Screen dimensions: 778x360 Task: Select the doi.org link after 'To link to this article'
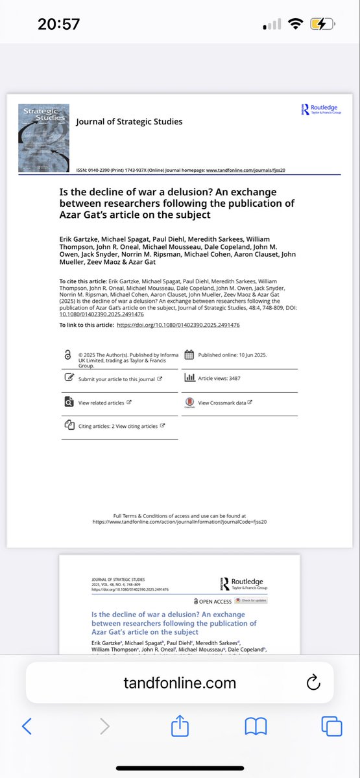(x=178, y=325)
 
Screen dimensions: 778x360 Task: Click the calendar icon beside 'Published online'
(x=189, y=355)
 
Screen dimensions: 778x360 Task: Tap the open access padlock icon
(x=67, y=355)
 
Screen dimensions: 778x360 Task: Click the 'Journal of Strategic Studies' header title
(x=129, y=121)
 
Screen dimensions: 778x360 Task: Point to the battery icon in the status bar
(x=322, y=24)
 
